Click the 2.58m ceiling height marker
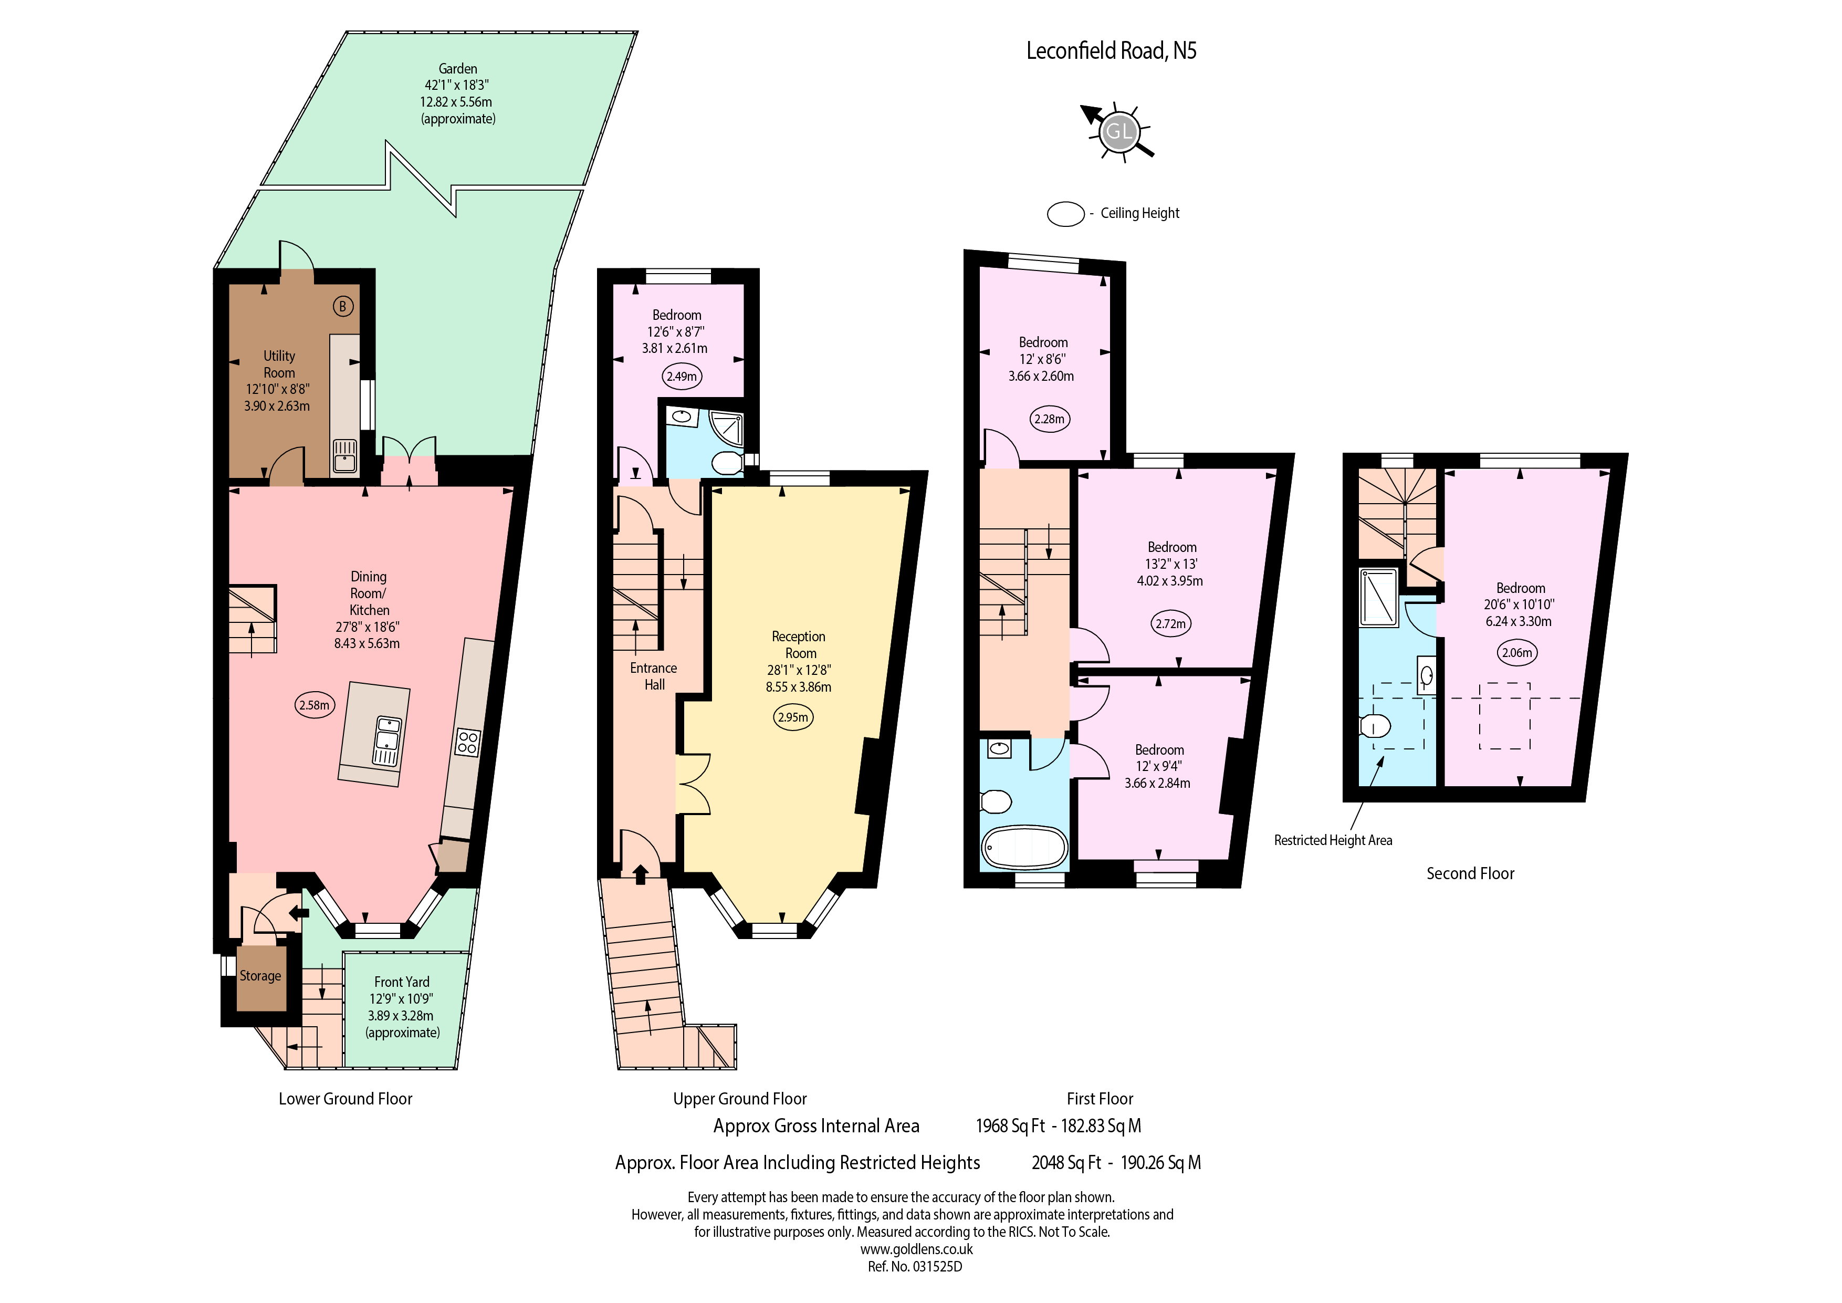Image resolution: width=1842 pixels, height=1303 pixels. (313, 705)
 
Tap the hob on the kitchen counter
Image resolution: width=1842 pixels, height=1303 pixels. (467, 742)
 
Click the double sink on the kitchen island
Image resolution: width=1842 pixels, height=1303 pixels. (386, 741)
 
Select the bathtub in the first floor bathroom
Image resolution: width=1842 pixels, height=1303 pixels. (1024, 847)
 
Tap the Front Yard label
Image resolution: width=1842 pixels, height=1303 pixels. (402, 982)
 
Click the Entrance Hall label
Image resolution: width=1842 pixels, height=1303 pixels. (654, 676)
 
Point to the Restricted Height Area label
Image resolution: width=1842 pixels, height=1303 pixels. (1333, 840)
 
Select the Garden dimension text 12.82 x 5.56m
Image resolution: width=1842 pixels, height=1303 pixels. (456, 102)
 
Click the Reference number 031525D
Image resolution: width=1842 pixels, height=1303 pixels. (915, 1267)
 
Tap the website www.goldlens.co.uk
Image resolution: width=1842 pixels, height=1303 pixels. (916, 1249)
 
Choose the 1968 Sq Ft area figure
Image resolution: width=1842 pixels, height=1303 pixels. (1010, 1127)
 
